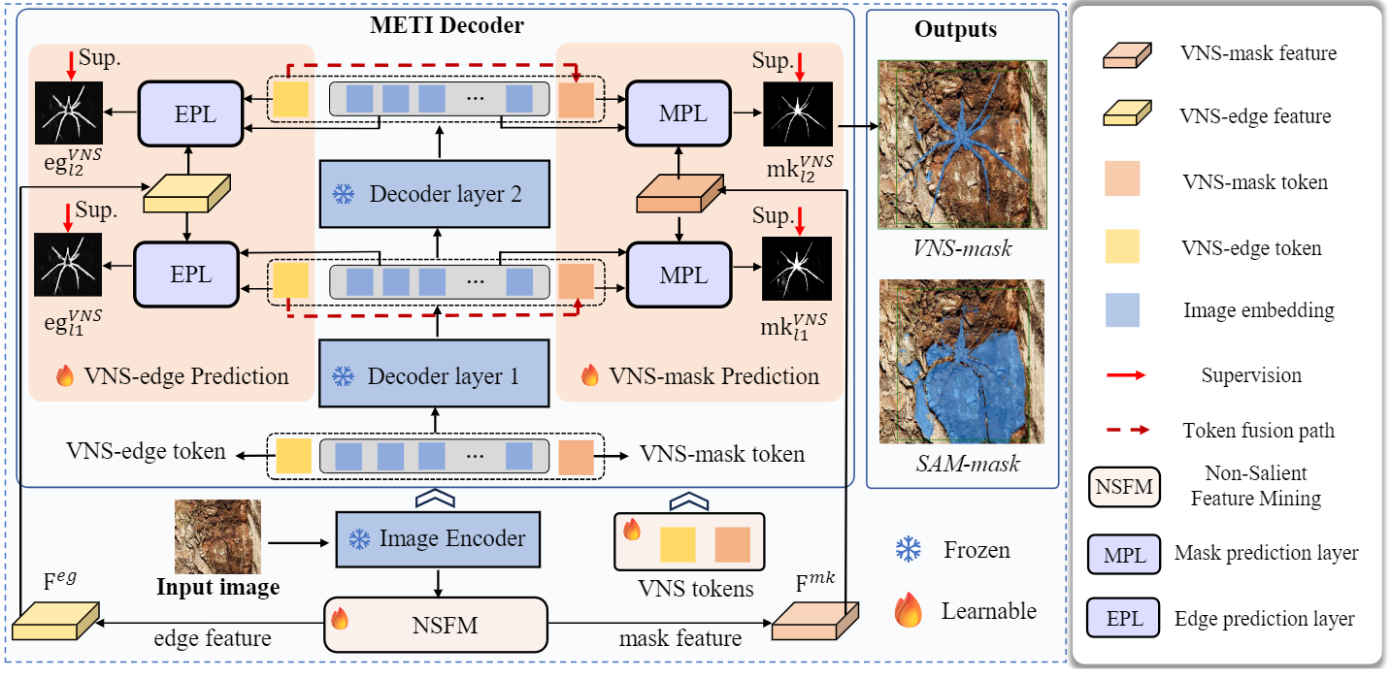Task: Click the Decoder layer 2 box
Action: tap(435, 194)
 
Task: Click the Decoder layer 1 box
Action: tap(435, 375)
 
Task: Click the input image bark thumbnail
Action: tap(217, 536)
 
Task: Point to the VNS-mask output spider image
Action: tap(960, 144)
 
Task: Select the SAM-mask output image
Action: tap(960, 361)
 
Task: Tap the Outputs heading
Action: tap(955, 29)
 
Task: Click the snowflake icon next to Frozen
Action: tap(908, 551)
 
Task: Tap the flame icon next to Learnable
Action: tap(908, 611)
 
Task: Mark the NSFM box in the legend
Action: tap(1121, 487)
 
